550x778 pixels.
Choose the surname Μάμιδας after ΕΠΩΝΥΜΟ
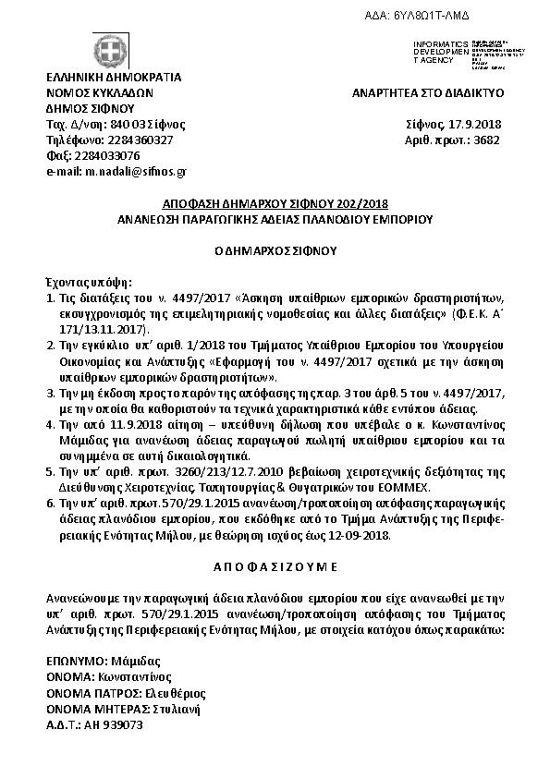coord(134,662)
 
